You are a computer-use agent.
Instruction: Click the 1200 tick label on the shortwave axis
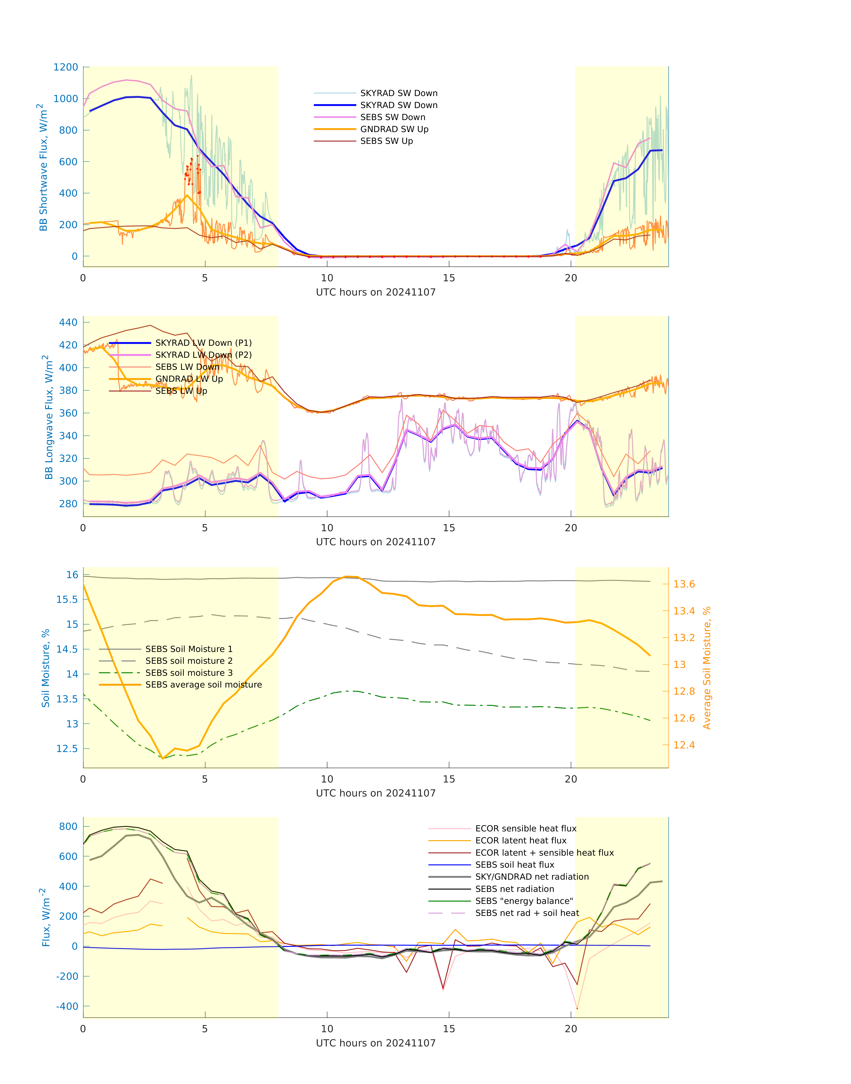66,67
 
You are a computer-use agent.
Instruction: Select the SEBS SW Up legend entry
386,141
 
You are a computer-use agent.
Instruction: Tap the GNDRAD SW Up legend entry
394,129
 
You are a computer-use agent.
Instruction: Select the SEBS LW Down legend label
187,367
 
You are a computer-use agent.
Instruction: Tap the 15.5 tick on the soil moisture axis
67,599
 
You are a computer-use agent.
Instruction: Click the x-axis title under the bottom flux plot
376,1043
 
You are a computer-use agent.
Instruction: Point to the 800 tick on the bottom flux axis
68,827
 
